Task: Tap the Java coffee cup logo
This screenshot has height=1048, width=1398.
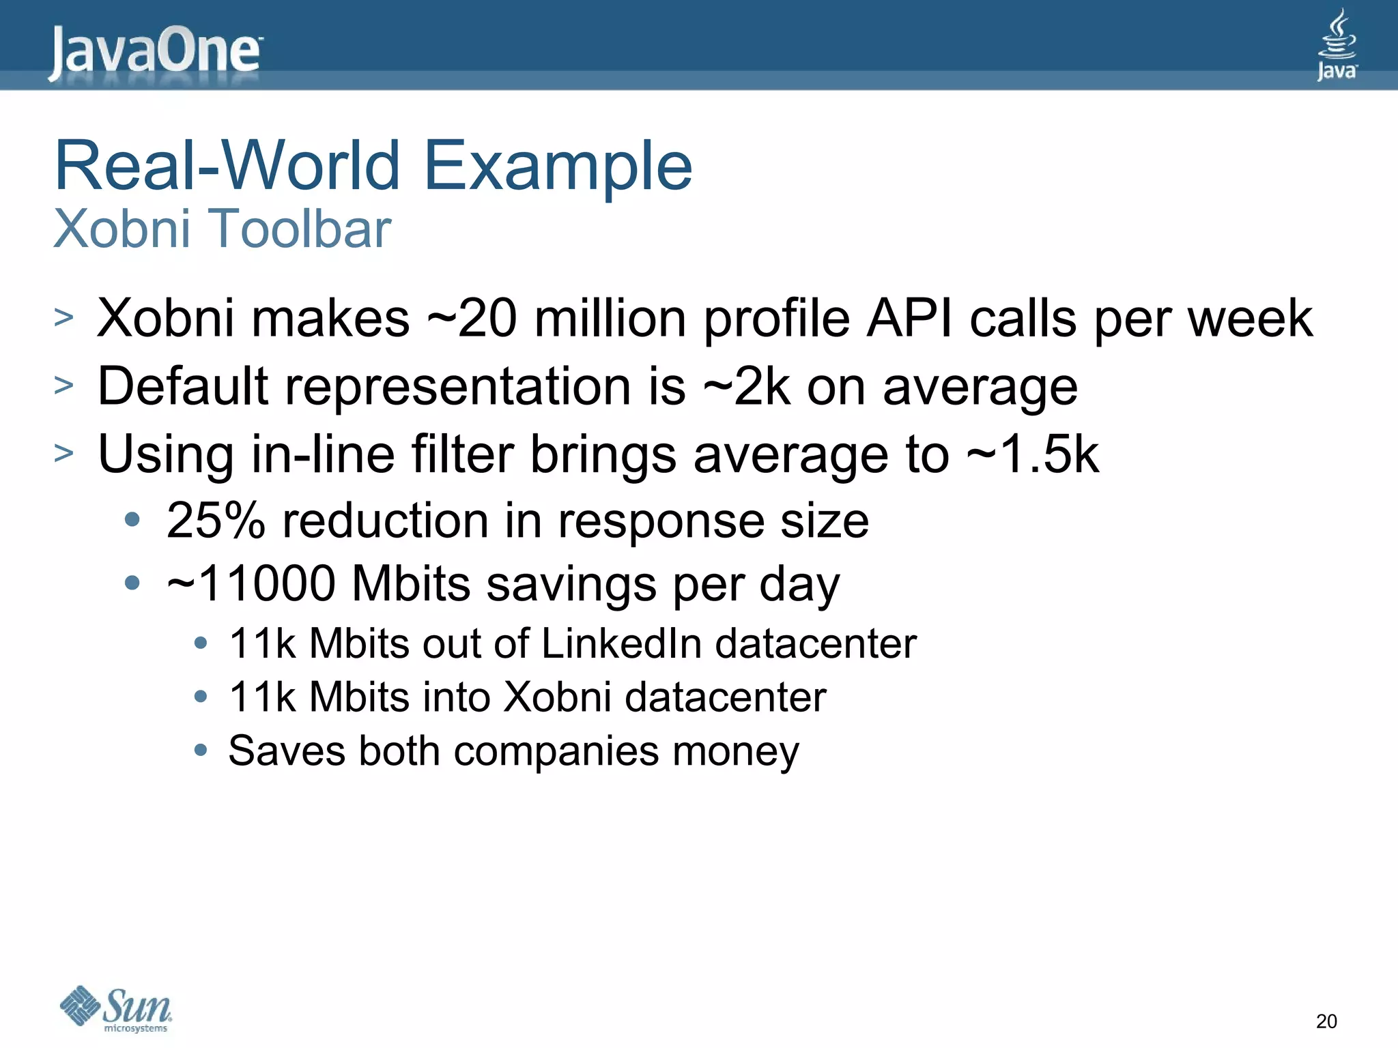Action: pos(1336,45)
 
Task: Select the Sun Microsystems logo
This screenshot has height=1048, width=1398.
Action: pos(116,1008)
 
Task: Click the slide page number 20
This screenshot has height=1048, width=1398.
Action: pos(1326,1021)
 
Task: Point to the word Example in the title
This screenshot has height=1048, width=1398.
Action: pos(558,166)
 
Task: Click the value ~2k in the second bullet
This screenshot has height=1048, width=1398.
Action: pos(747,387)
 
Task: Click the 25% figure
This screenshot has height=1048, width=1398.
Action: pos(216,521)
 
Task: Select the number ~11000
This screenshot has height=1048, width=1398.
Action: pos(251,584)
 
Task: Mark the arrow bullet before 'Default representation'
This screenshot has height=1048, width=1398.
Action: pos(63,385)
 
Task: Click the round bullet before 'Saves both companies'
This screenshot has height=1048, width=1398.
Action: pos(200,751)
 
